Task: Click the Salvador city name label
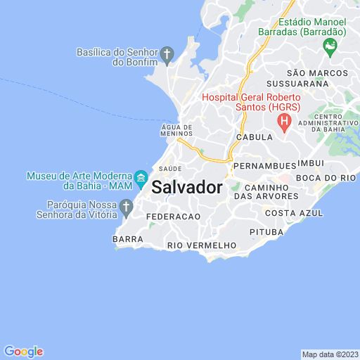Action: click(x=187, y=188)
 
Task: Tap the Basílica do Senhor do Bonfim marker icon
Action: click(x=167, y=53)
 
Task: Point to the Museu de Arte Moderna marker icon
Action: click(x=141, y=177)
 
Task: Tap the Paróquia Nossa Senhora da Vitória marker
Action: click(x=127, y=207)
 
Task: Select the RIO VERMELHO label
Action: click(x=202, y=245)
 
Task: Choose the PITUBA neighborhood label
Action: click(x=266, y=231)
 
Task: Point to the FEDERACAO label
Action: click(x=173, y=217)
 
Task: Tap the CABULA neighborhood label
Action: click(x=254, y=138)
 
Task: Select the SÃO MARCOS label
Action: click(x=316, y=72)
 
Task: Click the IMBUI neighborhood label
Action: click(x=310, y=162)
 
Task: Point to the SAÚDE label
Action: click(x=170, y=169)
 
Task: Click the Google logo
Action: click(x=23, y=352)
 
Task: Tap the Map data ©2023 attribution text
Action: click(x=330, y=354)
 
